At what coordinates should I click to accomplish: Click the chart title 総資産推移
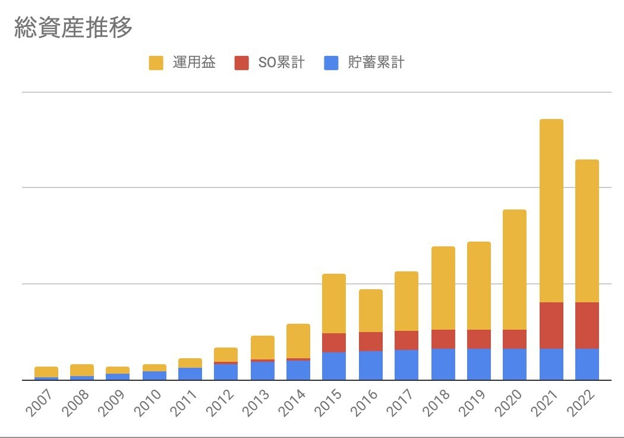73,27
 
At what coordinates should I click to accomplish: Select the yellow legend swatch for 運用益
156,62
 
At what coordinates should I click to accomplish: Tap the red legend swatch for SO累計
241,62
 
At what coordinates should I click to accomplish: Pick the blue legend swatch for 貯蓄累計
331,62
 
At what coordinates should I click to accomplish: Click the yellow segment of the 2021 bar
551,211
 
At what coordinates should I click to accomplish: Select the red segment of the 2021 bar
551,325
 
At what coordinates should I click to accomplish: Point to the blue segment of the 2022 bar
587,364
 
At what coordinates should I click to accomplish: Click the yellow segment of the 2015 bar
334,303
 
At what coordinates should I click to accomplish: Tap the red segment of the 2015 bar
334,342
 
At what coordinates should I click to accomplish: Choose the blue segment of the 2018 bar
443,364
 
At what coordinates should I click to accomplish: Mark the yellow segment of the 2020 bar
515,269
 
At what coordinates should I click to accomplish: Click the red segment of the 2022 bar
587,325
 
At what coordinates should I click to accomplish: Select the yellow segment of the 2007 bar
46,371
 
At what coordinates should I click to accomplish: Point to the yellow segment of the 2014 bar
298,340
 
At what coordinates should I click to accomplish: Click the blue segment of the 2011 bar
190,374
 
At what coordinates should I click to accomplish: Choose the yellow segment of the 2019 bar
479,285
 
